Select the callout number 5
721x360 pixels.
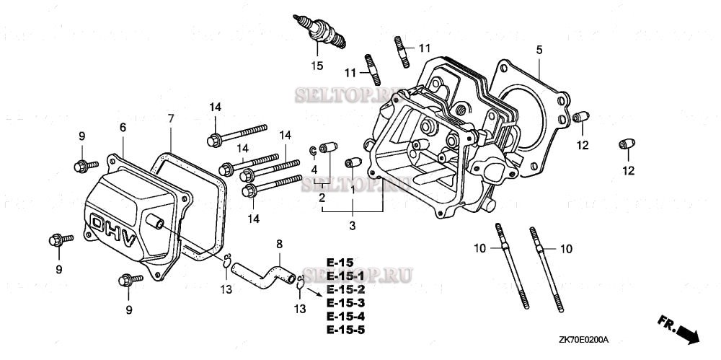click(x=539, y=50)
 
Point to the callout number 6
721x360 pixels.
click(x=123, y=127)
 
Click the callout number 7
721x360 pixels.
click(x=171, y=118)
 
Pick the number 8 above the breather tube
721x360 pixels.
click(x=280, y=245)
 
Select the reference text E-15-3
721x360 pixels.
click(x=346, y=303)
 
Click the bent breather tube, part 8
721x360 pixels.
click(x=263, y=273)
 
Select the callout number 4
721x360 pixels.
click(x=314, y=170)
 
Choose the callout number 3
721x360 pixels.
click(x=353, y=226)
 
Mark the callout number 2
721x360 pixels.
click(x=322, y=197)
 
